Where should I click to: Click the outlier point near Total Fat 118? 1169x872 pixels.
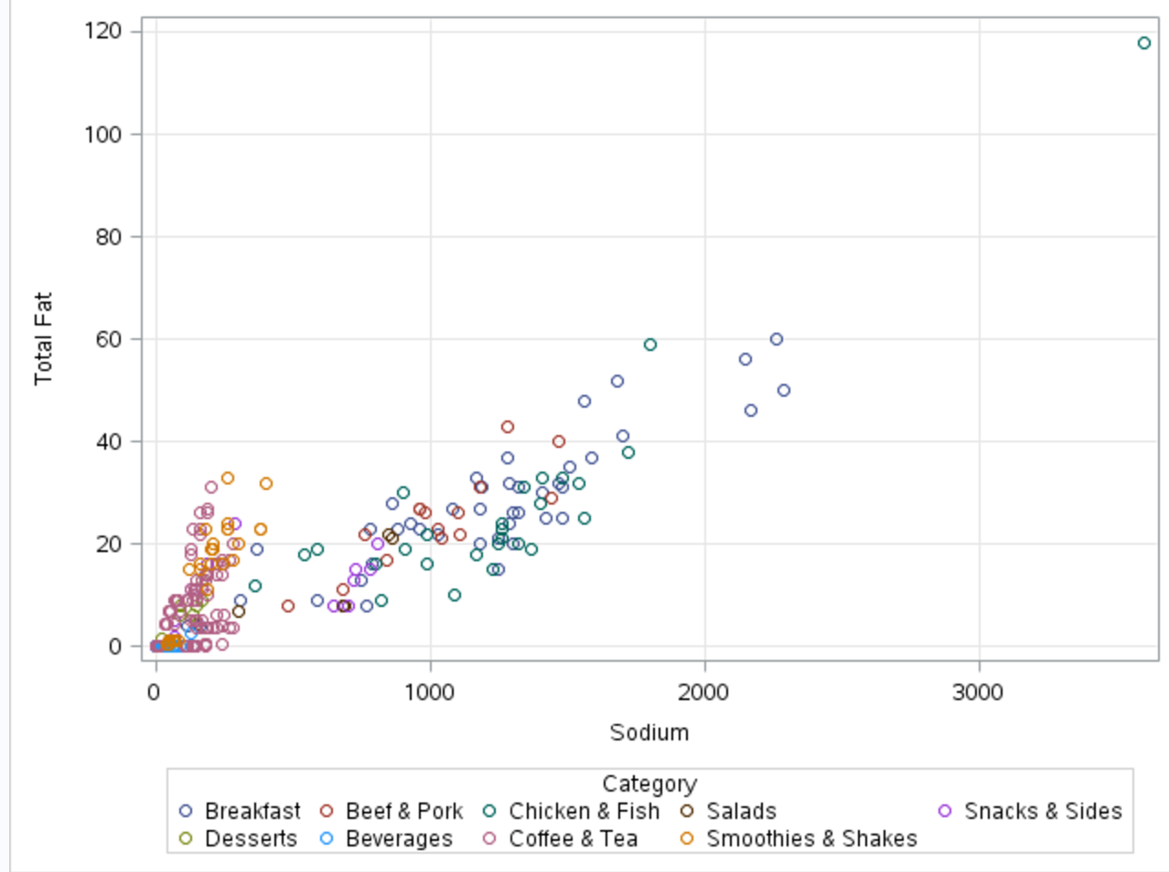(x=1143, y=43)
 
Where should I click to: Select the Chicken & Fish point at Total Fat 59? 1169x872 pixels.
(x=649, y=345)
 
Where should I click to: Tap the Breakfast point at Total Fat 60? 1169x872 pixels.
(x=776, y=339)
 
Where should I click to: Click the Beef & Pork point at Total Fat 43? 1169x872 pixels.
(x=507, y=427)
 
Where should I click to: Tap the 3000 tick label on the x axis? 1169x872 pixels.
(x=978, y=693)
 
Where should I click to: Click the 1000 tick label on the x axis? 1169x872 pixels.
(x=429, y=693)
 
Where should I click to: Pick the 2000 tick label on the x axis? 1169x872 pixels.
(x=703, y=693)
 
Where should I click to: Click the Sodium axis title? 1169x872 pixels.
(x=649, y=732)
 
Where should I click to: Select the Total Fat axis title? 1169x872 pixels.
(x=43, y=338)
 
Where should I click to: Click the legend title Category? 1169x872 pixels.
(x=649, y=783)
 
